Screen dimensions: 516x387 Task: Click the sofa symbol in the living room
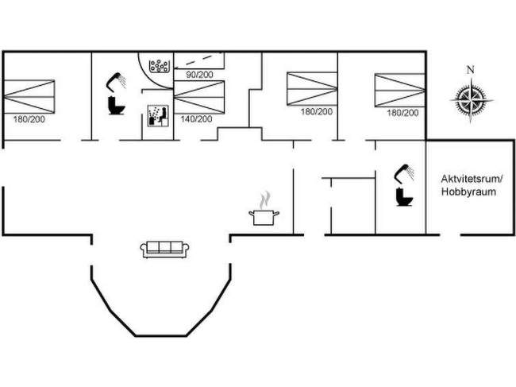point(164,250)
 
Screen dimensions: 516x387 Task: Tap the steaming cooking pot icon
point(264,209)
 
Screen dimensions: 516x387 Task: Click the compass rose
point(472,100)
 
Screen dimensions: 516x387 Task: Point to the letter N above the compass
point(471,70)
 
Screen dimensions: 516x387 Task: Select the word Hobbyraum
point(468,192)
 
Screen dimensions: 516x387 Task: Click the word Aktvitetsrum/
point(472,179)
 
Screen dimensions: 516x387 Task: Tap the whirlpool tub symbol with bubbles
point(159,66)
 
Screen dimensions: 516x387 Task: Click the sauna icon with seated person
point(158,115)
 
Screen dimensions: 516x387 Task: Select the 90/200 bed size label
point(199,75)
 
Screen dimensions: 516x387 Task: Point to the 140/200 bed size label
point(196,119)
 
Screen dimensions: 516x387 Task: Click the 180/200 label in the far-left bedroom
point(29,119)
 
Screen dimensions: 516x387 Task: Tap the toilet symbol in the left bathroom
point(116,105)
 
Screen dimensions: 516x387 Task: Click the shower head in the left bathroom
point(116,81)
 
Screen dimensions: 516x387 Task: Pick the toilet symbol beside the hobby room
point(404,196)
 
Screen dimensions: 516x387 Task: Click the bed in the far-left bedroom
point(29,96)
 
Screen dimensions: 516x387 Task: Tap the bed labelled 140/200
point(199,97)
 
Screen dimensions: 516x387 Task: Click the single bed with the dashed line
point(199,60)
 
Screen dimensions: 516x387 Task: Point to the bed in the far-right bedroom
point(400,91)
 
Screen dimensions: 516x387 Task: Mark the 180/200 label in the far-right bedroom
point(402,113)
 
